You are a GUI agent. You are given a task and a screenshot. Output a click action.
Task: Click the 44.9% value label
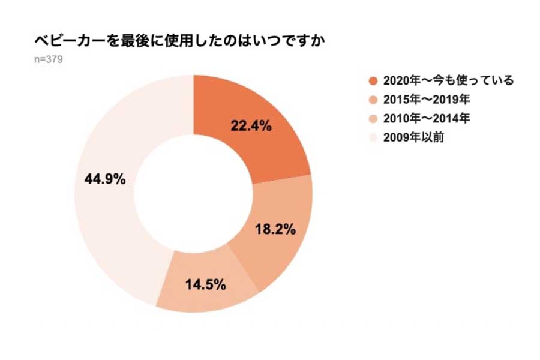(106, 178)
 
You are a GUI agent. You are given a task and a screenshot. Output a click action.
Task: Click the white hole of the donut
(193, 193)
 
